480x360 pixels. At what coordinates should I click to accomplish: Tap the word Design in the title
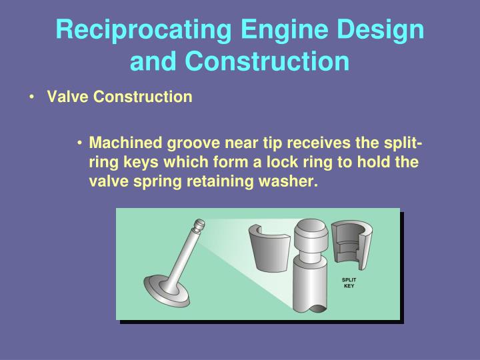(379, 31)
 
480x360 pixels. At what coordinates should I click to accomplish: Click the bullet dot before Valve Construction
(33, 97)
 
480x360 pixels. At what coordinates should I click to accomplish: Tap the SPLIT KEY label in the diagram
(349, 283)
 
